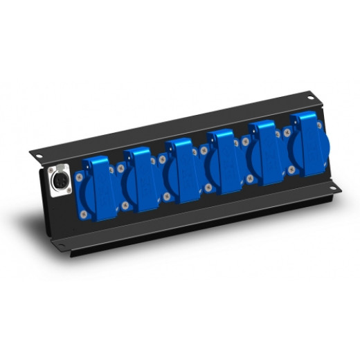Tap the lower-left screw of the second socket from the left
125,206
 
